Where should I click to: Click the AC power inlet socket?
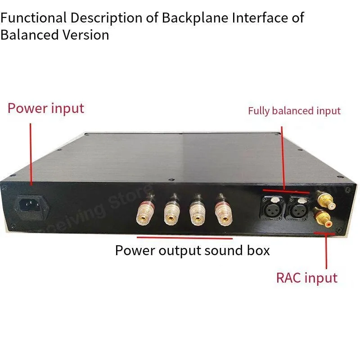click(x=32, y=206)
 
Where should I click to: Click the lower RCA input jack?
click(x=326, y=220)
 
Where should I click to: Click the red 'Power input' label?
click(x=46, y=108)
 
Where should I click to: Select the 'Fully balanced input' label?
click(x=294, y=111)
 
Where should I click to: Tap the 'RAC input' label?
click(x=306, y=278)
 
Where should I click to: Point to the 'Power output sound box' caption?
click(x=192, y=250)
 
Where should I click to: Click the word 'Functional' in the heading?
click(x=33, y=18)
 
